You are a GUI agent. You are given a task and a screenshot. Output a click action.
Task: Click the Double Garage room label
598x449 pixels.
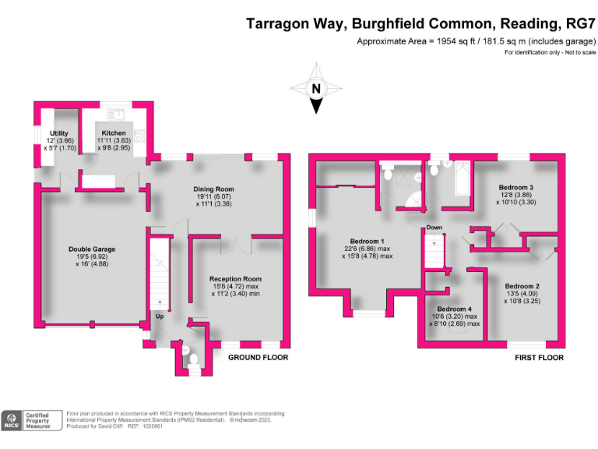pos(92,249)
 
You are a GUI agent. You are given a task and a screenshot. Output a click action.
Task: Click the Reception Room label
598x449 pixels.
pos(235,278)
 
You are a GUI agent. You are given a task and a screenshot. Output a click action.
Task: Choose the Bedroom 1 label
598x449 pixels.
pos(368,239)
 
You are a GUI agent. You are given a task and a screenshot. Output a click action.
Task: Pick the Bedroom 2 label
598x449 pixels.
pos(521,286)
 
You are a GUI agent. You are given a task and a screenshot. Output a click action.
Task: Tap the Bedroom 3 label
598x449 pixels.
pos(515,188)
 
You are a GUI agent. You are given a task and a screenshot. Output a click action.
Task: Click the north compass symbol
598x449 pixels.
pos(316,89)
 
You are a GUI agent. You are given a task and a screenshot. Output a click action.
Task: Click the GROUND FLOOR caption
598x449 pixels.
pos(258,358)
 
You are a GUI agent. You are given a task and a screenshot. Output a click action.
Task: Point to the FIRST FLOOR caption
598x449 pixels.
pos(539,358)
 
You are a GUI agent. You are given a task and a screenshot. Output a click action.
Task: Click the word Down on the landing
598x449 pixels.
pos(434,228)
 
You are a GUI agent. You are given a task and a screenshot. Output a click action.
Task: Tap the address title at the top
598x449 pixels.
pos(421,23)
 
